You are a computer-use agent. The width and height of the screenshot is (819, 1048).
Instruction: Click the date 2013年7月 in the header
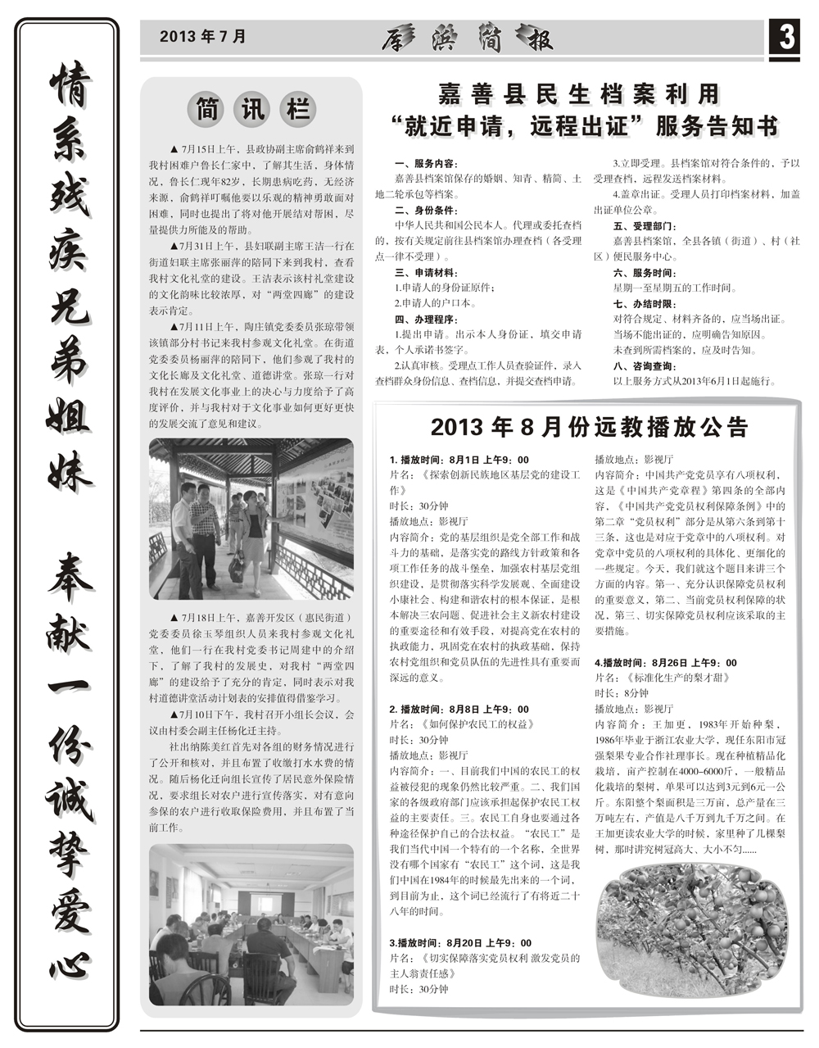pyautogui.click(x=202, y=37)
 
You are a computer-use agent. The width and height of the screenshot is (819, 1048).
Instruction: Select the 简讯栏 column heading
pyautogui.click(x=251, y=109)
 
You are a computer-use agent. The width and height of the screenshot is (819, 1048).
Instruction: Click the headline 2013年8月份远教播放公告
pyautogui.click(x=589, y=427)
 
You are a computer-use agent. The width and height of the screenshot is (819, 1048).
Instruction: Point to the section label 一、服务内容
pyautogui.click(x=427, y=164)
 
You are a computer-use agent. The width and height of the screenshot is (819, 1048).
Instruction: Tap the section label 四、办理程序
pyautogui.click(x=427, y=319)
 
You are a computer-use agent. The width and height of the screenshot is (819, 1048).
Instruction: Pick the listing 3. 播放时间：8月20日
pyautogui.click(x=460, y=943)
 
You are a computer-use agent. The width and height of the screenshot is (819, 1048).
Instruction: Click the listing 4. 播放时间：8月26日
pyautogui.click(x=665, y=662)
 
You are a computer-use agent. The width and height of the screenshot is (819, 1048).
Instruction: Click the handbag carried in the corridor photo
pyautogui.click(x=237, y=567)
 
